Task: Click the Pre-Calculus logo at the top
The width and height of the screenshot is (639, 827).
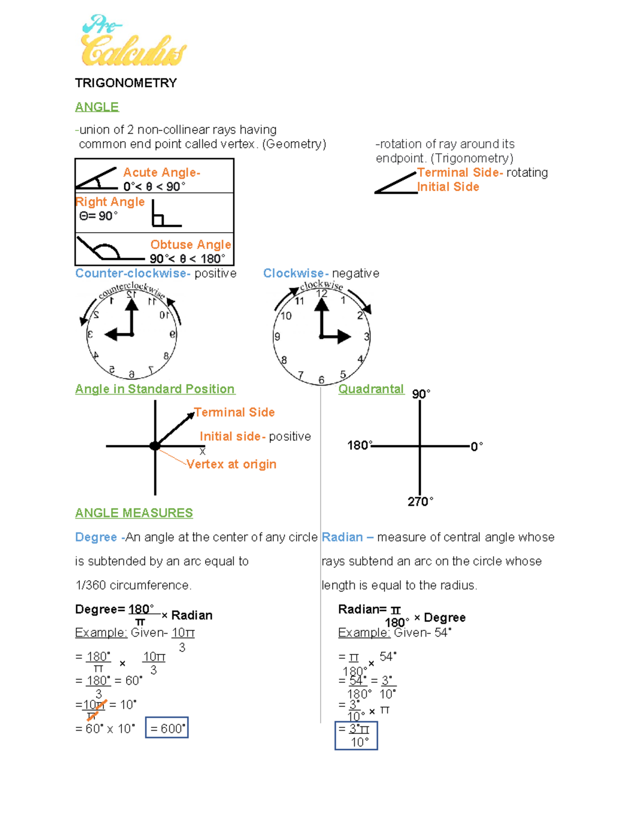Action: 133,42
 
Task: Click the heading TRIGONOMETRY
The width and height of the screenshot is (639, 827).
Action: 126,83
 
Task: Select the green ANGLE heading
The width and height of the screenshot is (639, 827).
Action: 97,107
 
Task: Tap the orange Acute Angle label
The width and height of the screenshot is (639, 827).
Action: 161,173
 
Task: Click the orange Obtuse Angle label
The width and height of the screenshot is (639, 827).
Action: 190,244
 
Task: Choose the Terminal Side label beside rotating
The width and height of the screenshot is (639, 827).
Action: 460,173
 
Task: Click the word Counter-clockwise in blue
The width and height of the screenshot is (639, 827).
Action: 133,273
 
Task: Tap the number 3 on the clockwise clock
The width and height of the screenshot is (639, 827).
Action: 366,337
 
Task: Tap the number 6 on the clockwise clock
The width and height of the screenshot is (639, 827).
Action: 321,380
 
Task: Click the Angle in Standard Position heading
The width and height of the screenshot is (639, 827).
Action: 155,389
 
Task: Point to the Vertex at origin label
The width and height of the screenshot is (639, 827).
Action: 231,464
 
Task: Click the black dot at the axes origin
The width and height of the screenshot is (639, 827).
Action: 155,446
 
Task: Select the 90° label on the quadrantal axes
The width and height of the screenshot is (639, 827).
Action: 421,394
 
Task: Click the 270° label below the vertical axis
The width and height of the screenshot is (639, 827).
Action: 420,502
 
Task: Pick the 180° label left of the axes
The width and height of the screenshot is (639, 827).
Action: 359,445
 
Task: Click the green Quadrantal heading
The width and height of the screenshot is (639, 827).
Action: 371,389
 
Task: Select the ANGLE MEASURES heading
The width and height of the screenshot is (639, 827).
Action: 134,513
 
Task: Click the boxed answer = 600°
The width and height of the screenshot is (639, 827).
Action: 167,728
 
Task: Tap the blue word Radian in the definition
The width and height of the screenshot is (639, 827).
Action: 342,537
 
